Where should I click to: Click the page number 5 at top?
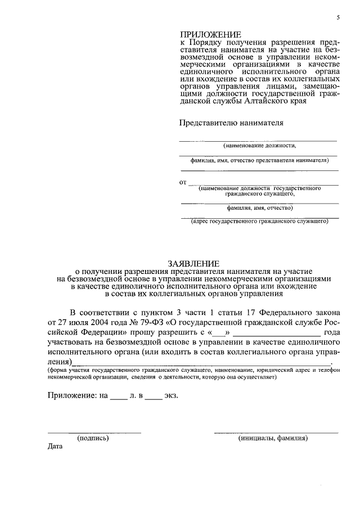338,17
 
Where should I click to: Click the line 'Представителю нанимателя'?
231,122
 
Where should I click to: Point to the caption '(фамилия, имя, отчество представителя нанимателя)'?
259,160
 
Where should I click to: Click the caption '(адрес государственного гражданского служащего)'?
259,222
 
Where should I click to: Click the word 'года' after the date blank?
331,332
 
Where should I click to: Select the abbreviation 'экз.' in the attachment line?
172,395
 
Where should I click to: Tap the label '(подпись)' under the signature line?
93,438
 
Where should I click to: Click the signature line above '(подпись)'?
94,433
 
